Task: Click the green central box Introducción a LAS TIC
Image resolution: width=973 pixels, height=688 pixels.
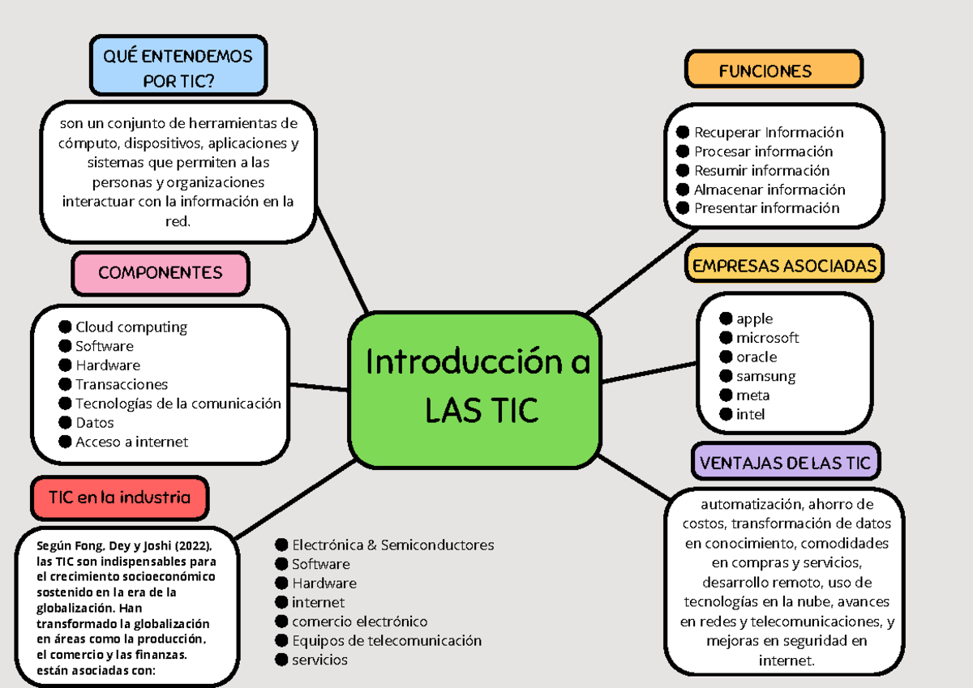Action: pyautogui.click(x=476, y=390)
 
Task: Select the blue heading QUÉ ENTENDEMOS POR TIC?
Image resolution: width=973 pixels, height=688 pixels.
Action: pyautogui.click(x=178, y=68)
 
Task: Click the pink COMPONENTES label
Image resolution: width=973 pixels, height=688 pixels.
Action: pyautogui.click(x=160, y=273)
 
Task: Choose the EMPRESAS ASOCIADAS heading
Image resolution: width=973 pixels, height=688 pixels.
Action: pyautogui.click(x=784, y=266)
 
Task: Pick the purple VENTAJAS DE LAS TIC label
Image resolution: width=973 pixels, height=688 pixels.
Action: pyautogui.click(x=785, y=464)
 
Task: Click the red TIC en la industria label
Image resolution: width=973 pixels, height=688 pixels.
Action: pyautogui.click(x=120, y=498)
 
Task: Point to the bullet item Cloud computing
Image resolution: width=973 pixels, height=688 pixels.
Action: pyautogui.click(x=131, y=327)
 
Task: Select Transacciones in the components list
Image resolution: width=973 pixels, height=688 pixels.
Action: pyautogui.click(x=122, y=385)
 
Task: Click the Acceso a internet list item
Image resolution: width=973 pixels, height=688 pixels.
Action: pyautogui.click(x=131, y=442)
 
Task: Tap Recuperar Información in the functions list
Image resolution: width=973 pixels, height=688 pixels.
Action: pyautogui.click(x=769, y=133)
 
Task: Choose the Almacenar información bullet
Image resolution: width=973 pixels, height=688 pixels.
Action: pyautogui.click(x=769, y=190)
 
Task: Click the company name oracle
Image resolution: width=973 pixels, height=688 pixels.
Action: pyautogui.click(x=757, y=357)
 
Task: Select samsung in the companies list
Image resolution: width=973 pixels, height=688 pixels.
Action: pyautogui.click(x=765, y=377)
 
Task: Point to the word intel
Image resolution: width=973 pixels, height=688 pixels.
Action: pyautogui.click(x=750, y=415)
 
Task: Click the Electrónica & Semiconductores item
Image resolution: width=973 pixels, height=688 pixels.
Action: pyautogui.click(x=392, y=545)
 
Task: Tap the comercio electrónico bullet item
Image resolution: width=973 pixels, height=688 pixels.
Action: pyautogui.click(x=359, y=622)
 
